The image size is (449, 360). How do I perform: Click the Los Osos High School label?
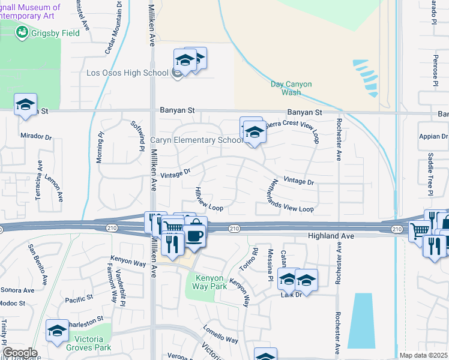(127, 73)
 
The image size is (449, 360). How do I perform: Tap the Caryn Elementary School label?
(196, 140)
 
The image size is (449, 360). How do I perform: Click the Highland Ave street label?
(331, 236)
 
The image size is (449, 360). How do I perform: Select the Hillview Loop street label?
(208, 199)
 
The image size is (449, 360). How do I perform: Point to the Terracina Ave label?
(39, 180)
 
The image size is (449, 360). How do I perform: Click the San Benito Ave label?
(37, 265)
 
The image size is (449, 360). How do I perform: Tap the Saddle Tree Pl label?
(430, 175)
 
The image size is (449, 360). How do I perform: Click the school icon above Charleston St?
(58, 331)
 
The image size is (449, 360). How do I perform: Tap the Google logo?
(19, 353)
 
